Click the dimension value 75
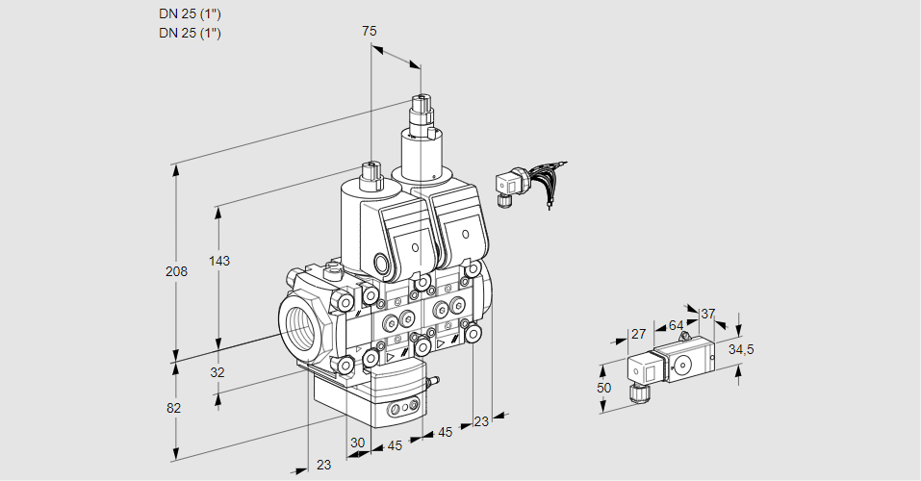370,32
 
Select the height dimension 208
175,271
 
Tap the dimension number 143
219,262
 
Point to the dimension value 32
217,372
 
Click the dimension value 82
174,408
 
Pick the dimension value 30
357,443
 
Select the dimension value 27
638,335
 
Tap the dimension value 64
676,325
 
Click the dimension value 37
708,314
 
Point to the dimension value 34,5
740,349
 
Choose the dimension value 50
603,388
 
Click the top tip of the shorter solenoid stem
370,165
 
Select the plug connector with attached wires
508,184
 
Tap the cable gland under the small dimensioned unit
635,392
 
